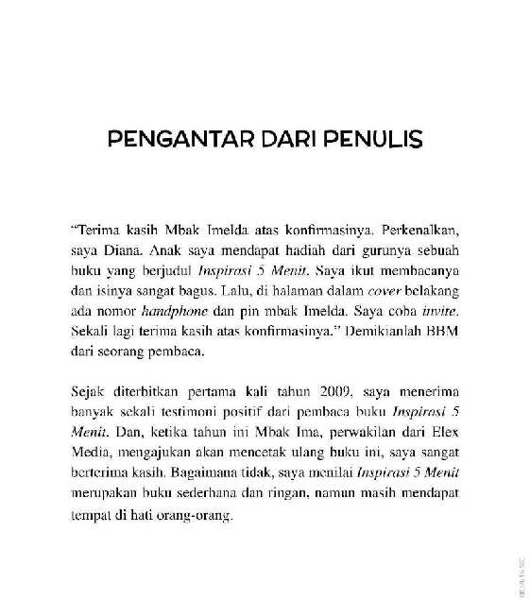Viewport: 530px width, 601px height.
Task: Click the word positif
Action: (248, 408)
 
